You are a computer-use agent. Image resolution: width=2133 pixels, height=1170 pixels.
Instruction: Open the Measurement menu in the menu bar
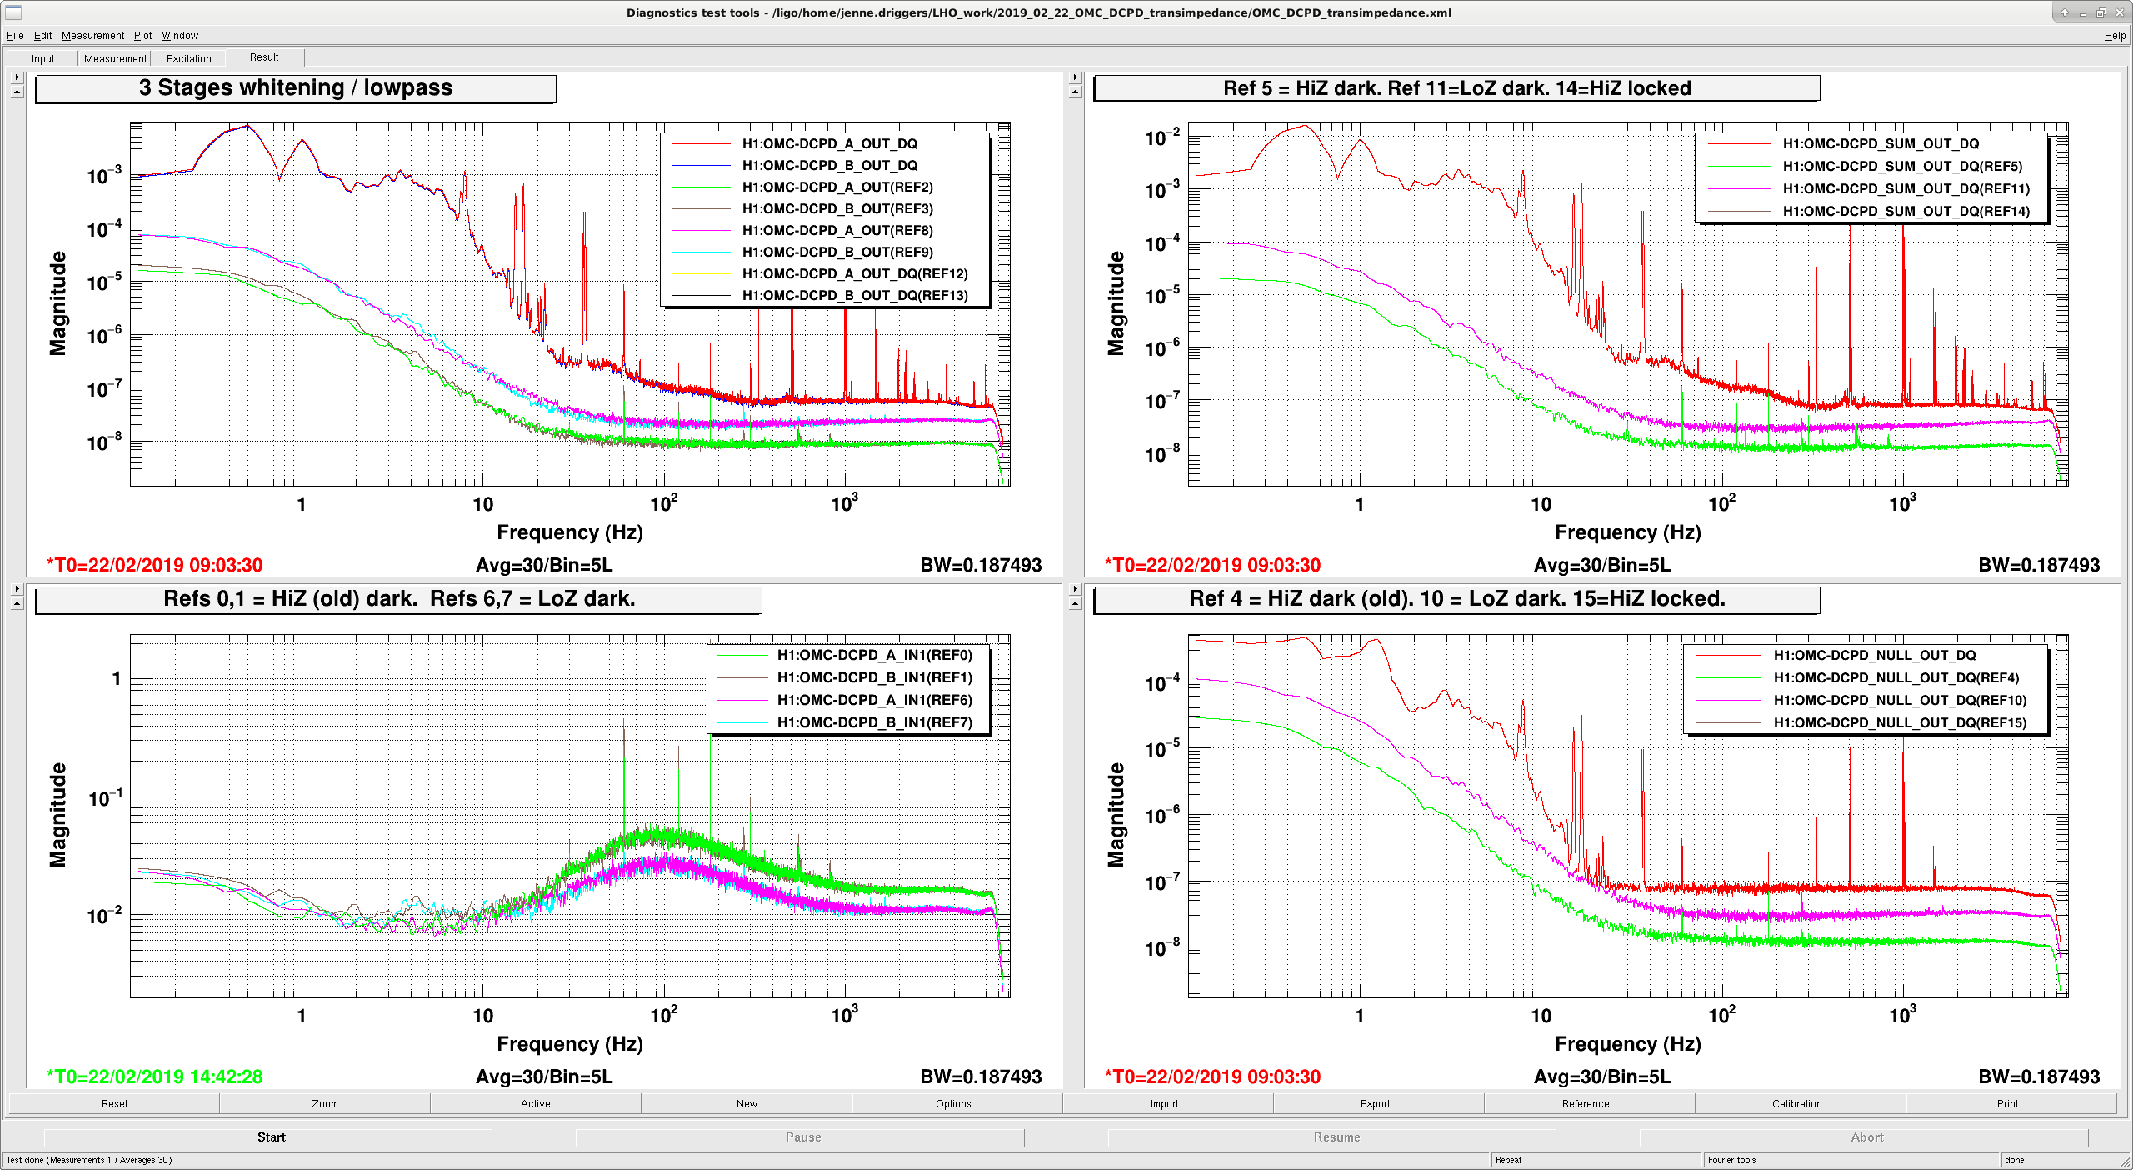point(92,36)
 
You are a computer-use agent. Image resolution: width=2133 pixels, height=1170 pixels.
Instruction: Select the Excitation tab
point(189,58)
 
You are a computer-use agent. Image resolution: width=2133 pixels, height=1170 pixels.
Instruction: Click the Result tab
point(264,57)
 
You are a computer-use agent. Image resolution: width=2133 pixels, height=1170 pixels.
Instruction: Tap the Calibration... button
point(1800,1103)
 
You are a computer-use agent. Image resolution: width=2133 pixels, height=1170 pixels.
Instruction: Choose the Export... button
point(1378,1103)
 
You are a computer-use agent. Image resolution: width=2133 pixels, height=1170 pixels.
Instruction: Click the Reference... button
point(1589,1103)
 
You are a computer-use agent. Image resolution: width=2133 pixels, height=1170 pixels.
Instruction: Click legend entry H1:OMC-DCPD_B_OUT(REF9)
point(837,252)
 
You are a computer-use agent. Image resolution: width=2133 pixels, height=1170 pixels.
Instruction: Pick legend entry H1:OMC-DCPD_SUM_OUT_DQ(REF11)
point(1906,188)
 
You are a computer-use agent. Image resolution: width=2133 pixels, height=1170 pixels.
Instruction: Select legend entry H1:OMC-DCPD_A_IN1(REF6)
point(875,700)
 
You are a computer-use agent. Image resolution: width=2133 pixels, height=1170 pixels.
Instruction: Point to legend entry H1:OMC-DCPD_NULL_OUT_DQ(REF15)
point(1900,722)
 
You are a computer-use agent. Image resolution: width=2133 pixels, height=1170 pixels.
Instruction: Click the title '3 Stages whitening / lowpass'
point(296,88)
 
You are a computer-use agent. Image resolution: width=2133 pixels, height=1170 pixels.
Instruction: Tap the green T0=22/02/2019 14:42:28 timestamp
point(155,1077)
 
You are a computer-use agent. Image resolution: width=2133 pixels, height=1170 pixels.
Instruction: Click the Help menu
point(2115,36)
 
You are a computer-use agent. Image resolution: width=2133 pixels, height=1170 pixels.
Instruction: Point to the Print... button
point(2011,1103)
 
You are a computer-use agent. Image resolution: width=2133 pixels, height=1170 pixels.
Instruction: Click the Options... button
point(957,1103)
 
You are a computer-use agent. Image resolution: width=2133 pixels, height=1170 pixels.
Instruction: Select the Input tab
point(42,58)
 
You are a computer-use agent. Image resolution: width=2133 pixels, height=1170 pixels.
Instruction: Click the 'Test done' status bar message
point(89,1160)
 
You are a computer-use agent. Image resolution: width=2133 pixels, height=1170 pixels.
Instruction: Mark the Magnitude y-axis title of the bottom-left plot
point(57,814)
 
